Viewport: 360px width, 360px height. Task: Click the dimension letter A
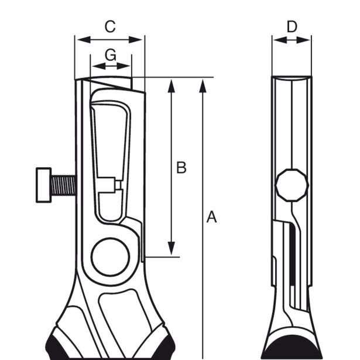coord(212,217)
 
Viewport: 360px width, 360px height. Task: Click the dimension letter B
coord(181,167)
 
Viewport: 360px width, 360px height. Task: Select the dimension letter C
coord(109,26)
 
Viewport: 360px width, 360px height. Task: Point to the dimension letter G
coord(110,55)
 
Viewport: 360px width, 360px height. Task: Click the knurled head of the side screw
coord(43,184)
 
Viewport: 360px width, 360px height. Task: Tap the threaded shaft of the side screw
coord(62,184)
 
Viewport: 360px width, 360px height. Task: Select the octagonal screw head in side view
coord(292,184)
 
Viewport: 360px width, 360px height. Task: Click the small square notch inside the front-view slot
coord(118,184)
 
